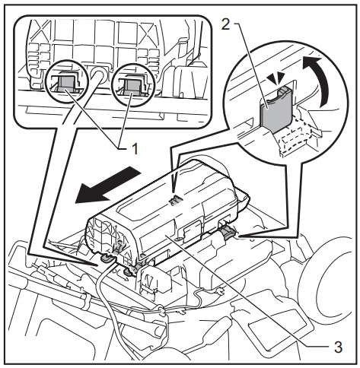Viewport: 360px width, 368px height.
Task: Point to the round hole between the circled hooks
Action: coord(98,76)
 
